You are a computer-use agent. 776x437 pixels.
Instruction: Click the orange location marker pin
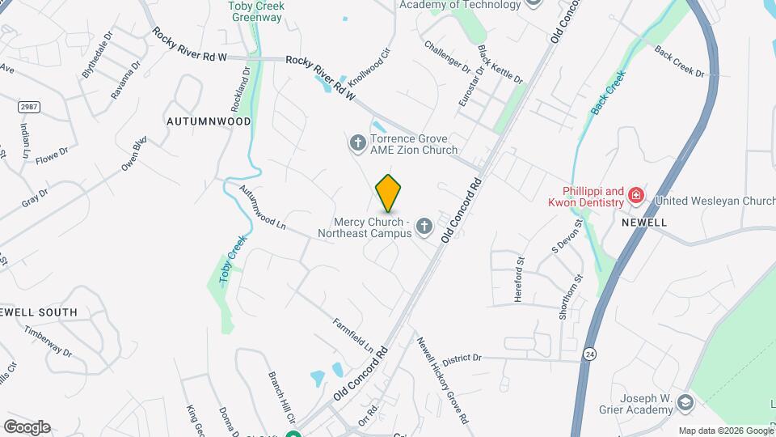(389, 193)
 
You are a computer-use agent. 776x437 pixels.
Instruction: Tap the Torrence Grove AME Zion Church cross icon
(356, 143)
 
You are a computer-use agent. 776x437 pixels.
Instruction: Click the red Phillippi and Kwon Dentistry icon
(636, 195)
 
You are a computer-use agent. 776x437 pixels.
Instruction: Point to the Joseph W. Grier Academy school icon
(685, 403)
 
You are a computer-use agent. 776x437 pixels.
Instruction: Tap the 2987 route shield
(28, 107)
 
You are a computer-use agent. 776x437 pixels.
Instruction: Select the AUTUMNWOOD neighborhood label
(209, 121)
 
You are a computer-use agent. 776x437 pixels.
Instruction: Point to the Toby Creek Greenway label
(256, 11)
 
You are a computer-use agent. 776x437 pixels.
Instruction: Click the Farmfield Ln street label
(353, 333)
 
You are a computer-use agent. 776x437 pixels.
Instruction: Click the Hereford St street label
(520, 279)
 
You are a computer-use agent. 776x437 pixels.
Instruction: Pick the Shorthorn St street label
(571, 297)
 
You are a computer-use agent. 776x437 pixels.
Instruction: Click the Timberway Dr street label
(48, 342)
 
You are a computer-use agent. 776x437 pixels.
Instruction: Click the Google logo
(27, 426)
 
